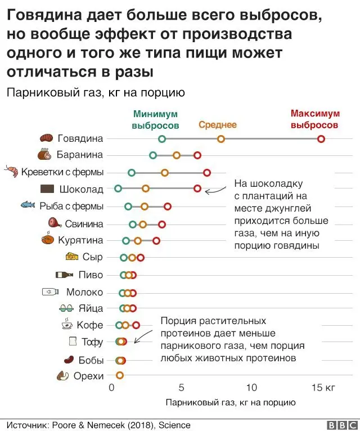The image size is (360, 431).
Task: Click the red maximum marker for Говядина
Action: click(x=321, y=139)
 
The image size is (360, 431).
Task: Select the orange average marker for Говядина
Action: click(x=221, y=139)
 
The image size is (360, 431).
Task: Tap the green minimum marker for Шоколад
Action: click(x=118, y=188)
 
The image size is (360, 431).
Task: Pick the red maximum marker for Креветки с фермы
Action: click(x=207, y=172)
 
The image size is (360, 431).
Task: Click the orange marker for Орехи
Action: click(x=119, y=375)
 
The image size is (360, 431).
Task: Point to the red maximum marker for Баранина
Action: click(x=197, y=155)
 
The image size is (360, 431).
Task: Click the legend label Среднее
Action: click(x=218, y=125)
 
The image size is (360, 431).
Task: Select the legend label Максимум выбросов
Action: click(x=315, y=119)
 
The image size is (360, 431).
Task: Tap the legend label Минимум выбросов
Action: click(x=155, y=119)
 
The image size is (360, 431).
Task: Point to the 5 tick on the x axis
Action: click(x=181, y=388)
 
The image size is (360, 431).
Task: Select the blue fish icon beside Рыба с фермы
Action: click(x=28, y=205)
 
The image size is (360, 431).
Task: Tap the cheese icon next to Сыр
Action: click(x=72, y=257)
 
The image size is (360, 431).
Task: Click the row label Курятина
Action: click(x=80, y=240)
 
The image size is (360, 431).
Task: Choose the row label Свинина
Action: click(x=84, y=223)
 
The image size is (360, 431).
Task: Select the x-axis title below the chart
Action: click(x=230, y=403)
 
